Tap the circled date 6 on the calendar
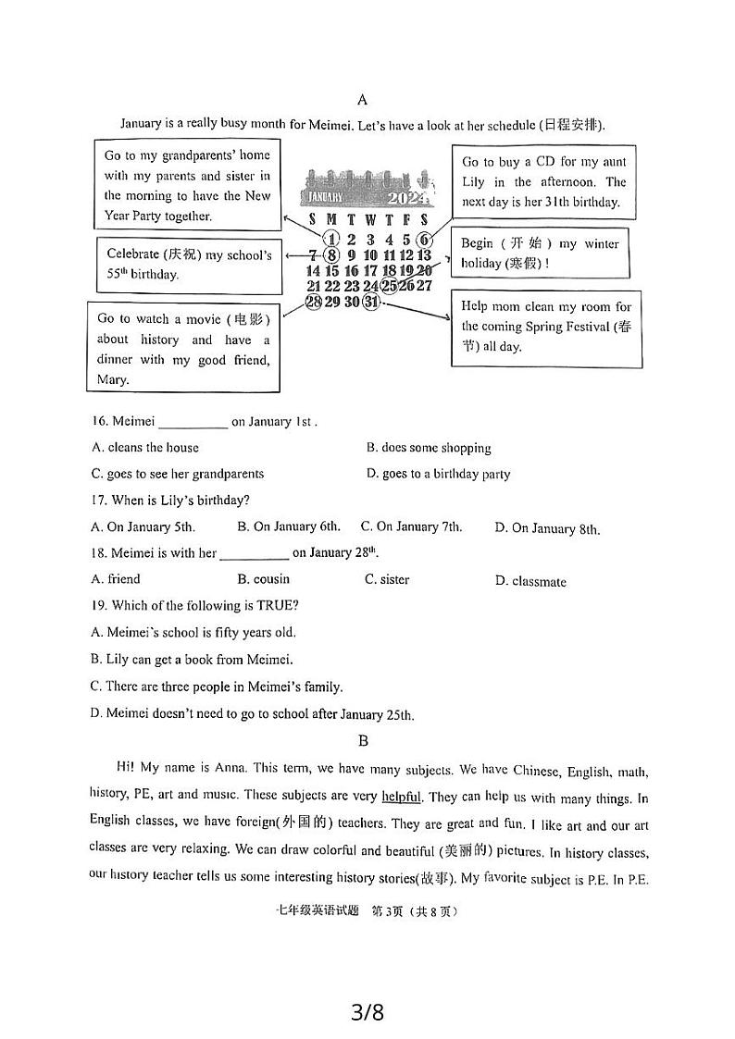coord(424,239)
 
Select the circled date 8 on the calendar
coord(332,255)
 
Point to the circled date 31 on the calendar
coord(370,303)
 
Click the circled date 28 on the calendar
coord(313,303)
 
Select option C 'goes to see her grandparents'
coord(178,474)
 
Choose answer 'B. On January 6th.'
coord(289,526)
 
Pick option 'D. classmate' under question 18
coord(530,581)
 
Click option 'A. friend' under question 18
coord(116,579)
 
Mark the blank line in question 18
coord(255,555)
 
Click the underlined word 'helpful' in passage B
coord(401,796)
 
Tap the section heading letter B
coord(363,740)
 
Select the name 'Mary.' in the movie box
coord(113,379)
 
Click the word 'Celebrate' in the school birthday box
coord(133,254)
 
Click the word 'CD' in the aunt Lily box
coord(544,162)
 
